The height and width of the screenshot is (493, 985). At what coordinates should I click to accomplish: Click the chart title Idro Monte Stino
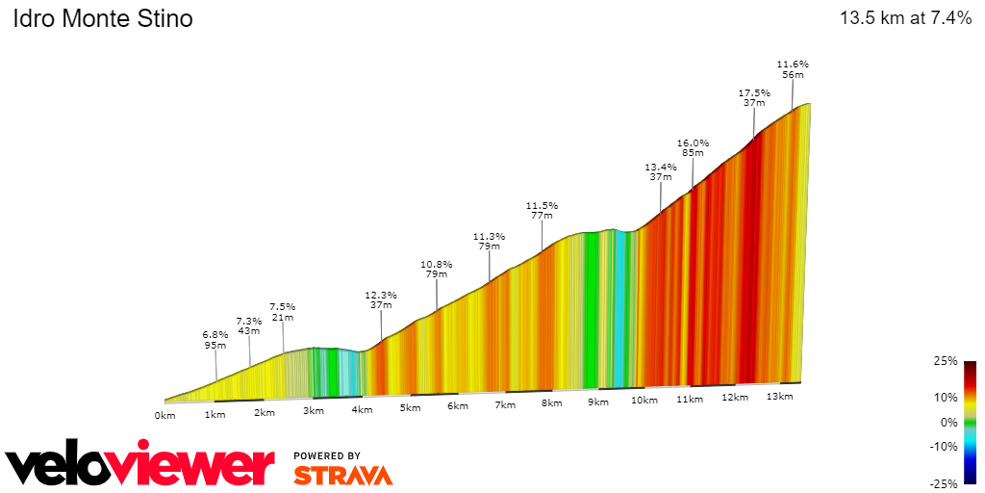click(102, 19)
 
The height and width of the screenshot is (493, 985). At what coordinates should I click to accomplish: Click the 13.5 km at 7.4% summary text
click(905, 18)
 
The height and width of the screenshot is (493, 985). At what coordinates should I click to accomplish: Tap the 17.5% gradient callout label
click(754, 93)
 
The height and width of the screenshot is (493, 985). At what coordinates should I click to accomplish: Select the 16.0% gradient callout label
click(693, 143)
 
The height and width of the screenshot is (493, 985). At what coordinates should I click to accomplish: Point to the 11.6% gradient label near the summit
click(793, 65)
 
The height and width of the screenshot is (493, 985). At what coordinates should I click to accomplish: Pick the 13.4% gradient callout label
click(660, 167)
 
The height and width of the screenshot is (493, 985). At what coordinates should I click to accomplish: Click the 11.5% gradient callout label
click(542, 206)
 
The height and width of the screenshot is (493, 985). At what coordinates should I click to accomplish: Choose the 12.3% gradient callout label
click(381, 296)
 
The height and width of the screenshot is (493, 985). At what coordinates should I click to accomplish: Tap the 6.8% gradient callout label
click(215, 334)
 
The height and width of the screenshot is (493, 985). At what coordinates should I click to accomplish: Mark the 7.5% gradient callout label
click(282, 307)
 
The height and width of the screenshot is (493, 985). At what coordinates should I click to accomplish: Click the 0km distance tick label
click(164, 416)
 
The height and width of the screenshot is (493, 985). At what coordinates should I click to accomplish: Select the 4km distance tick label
click(362, 410)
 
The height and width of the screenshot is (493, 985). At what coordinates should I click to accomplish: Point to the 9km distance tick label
click(597, 402)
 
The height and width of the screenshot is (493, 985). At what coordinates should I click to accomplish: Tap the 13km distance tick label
click(780, 397)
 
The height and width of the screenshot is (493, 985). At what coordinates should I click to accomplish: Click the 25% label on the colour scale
click(946, 361)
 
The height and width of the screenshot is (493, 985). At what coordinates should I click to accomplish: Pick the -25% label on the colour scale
click(944, 483)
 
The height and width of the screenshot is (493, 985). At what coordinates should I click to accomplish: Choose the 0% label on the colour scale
click(948, 422)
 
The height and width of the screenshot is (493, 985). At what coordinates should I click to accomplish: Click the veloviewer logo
click(139, 467)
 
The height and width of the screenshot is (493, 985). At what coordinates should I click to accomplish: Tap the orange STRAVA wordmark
click(342, 476)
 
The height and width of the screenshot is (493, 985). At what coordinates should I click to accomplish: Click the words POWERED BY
click(327, 455)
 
